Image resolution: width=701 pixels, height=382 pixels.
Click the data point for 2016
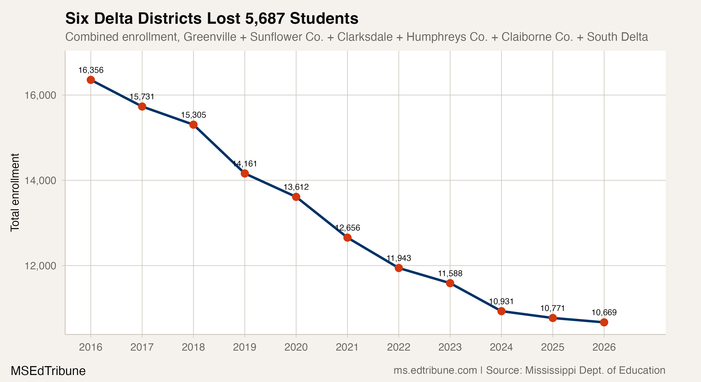(91, 80)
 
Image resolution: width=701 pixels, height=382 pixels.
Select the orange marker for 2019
(245, 173)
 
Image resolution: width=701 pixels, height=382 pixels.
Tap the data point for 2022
(399, 268)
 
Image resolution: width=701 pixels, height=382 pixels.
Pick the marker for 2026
(604, 322)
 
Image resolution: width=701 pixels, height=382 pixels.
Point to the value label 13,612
(296, 187)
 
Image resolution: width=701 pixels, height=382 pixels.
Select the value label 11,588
(450, 274)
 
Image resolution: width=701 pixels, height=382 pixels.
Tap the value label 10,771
(553, 308)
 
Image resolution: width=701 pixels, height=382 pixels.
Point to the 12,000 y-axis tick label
(40, 266)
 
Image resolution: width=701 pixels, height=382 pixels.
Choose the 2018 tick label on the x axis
(193, 347)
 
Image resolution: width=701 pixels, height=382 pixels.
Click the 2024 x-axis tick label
(501, 347)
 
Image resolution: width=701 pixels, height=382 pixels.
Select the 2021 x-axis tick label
(347, 347)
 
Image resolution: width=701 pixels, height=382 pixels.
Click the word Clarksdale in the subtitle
(365, 37)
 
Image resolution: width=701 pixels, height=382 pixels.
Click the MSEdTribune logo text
(48, 371)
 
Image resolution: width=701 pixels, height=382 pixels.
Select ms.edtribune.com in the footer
(435, 370)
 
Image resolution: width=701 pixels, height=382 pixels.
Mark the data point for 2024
(501, 311)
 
